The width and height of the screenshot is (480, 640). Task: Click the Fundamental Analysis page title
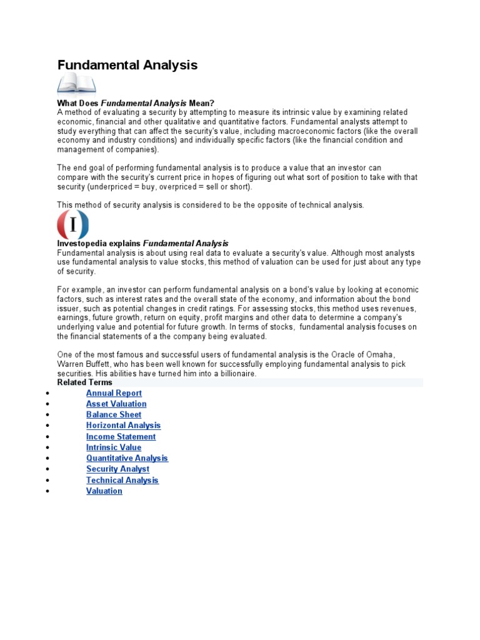127,65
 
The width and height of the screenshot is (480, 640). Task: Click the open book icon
76,84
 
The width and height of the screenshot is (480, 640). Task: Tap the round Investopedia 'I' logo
73,224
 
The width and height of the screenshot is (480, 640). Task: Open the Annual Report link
114,393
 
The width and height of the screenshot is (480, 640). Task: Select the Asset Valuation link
116,404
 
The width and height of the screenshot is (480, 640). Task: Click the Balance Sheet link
114,414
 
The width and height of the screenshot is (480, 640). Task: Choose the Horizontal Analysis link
123,426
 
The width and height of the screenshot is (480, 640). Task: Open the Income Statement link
121,436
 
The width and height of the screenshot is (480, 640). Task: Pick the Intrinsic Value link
114,447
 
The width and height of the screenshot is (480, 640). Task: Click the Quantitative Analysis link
127,458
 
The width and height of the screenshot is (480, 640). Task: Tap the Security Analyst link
117,469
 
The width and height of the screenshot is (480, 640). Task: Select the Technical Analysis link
122,480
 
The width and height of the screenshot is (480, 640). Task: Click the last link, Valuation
104,491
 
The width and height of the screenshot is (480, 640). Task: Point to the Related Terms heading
85,382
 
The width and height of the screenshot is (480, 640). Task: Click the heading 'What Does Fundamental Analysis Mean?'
136,102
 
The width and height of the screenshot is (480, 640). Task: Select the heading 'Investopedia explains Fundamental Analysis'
142,243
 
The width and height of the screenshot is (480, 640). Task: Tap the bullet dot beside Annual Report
47,394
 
